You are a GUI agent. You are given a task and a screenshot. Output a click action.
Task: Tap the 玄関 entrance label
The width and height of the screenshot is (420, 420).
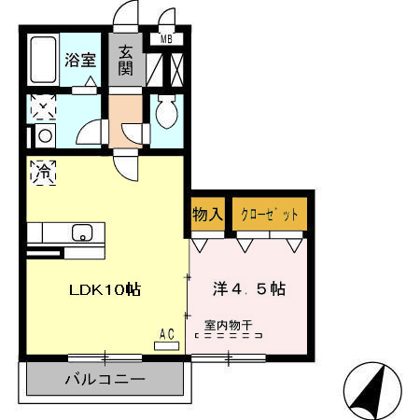pos(127,62)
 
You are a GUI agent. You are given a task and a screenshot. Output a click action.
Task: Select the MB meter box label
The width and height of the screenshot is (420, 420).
pos(166,39)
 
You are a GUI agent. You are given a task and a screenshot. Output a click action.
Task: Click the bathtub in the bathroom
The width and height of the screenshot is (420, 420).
pos(41,62)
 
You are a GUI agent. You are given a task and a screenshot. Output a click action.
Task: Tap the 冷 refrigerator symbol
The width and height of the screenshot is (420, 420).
pos(43,172)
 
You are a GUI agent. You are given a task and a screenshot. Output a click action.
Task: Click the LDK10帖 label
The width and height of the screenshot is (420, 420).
pos(105,289)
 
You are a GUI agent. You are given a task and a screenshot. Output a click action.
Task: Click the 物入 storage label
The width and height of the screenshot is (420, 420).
pos(207,214)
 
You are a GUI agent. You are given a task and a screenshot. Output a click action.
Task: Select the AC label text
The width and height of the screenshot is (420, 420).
pos(167,333)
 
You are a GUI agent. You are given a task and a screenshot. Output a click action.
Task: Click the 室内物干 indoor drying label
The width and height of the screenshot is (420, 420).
pos(229,326)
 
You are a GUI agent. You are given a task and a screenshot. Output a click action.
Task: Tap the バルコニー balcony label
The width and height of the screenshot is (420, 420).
pos(105,380)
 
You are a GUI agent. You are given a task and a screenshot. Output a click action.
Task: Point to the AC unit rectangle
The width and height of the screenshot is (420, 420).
pos(167,344)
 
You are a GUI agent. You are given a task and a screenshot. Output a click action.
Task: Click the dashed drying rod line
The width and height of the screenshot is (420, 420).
pos(229,336)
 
